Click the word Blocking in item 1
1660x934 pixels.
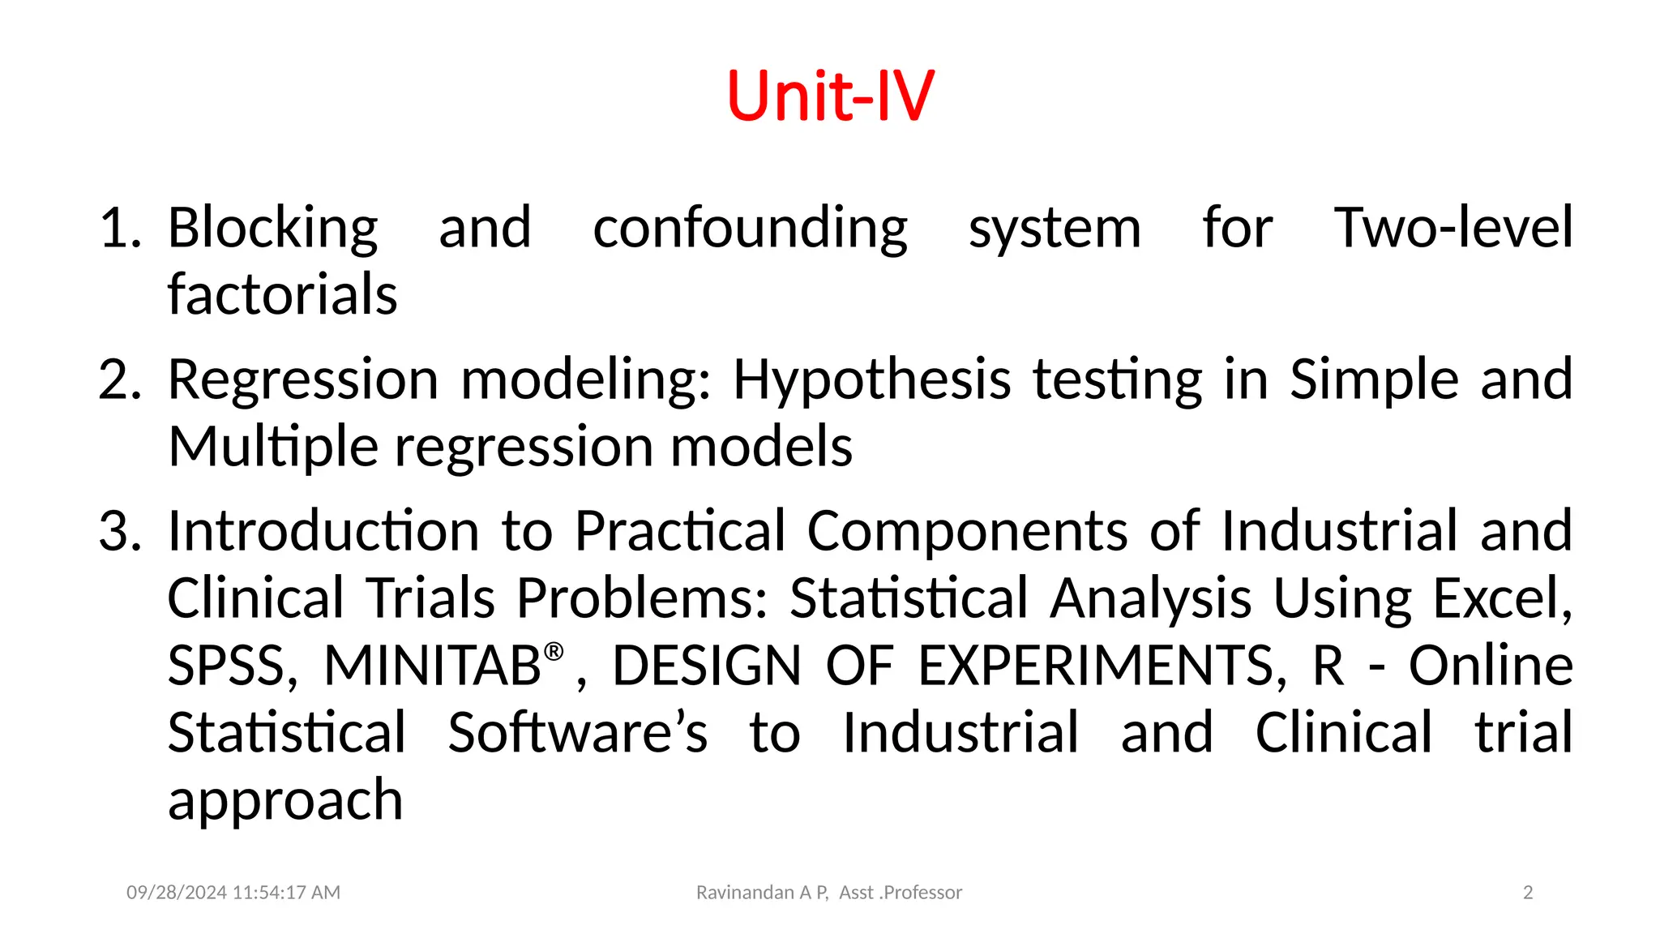click(272, 229)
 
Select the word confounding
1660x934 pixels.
click(750, 229)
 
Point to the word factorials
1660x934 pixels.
click(282, 294)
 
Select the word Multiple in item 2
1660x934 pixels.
click(272, 448)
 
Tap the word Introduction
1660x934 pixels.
click(323, 532)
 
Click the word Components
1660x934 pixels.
click(967, 532)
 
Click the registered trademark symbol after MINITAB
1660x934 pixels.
click(554, 651)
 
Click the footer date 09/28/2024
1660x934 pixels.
click(177, 893)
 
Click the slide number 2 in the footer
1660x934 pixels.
click(1528, 893)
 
